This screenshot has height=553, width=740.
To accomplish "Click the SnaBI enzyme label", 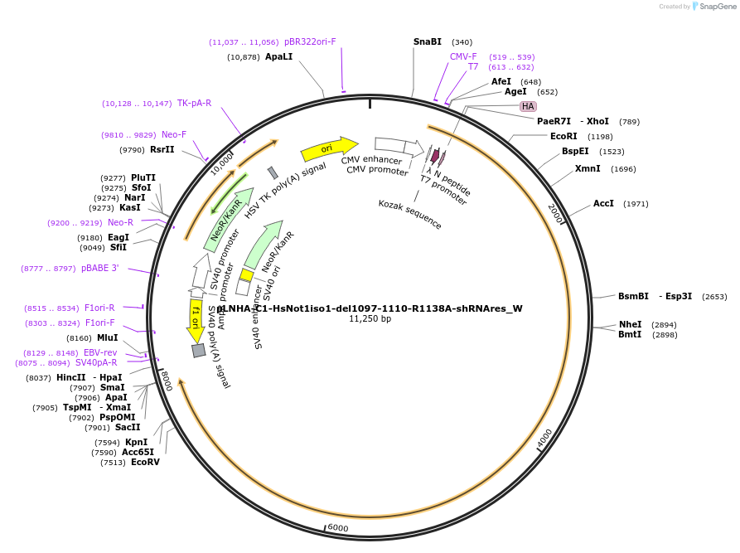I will (428, 41).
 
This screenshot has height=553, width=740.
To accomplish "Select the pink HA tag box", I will (528, 106).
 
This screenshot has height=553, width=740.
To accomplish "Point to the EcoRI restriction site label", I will (563, 136).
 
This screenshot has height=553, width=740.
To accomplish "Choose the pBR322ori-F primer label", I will (310, 41).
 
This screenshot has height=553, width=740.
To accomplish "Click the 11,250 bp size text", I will (370, 318).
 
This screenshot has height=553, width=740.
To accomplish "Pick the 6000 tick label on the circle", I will (337, 527).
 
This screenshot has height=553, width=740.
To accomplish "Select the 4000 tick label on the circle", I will (544, 439).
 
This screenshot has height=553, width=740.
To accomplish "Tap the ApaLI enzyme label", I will (278, 56).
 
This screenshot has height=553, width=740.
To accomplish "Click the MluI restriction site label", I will (108, 337).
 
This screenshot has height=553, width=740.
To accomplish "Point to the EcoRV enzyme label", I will (145, 462).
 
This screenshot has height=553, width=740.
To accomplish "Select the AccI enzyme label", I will (603, 203).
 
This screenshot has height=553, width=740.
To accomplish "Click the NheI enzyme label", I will (630, 324).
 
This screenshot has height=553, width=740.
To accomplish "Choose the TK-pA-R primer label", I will (194, 104).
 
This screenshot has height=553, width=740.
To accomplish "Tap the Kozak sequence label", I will (410, 215).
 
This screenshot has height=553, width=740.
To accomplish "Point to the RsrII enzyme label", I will (162, 149).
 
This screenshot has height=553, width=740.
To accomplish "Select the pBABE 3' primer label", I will (100, 268).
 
